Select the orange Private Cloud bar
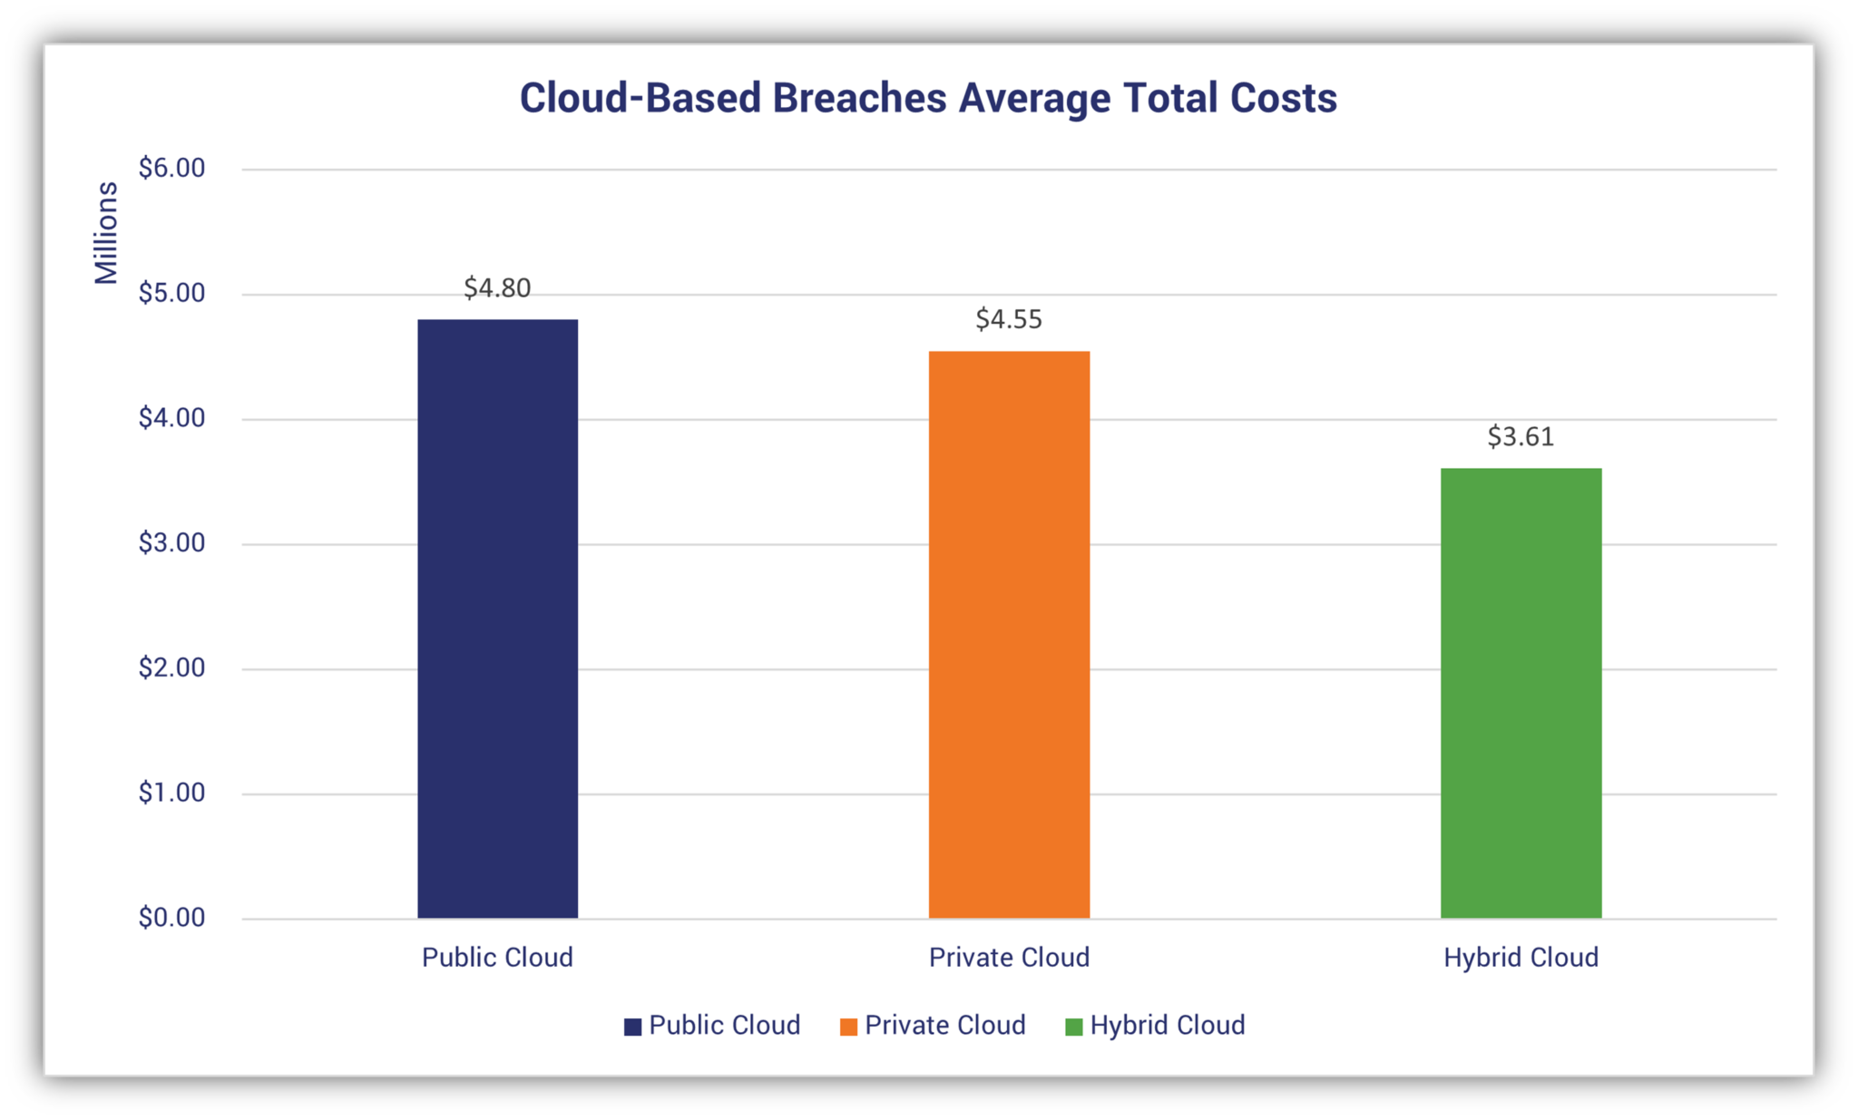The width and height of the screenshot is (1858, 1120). tap(1009, 635)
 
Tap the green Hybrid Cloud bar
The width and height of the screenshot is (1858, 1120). tap(1521, 693)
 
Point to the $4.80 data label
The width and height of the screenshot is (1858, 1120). tap(497, 288)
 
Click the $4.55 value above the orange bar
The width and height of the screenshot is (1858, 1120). tap(1009, 319)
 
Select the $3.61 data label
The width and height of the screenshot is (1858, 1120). tap(1521, 437)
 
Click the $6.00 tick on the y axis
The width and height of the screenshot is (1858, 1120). tap(171, 168)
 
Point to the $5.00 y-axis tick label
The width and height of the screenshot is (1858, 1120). tap(171, 293)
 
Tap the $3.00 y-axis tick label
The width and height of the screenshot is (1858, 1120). tap(171, 543)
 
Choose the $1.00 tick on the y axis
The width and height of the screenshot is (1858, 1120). tap(171, 793)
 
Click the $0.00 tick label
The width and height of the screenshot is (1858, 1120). tap(171, 918)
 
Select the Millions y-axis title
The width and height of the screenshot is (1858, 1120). tap(106, 233)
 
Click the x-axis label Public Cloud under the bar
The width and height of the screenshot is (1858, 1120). tap(497, 958)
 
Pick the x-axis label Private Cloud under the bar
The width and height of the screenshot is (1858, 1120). tap(1009, 958)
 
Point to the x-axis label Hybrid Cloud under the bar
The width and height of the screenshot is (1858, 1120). tap(1521, 958)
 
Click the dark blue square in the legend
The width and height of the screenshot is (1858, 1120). tap(632, 1027)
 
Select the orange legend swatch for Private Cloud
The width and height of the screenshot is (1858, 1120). tap(848, 1027)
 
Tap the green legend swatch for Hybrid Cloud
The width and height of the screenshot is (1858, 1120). tap(1073, 1027)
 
